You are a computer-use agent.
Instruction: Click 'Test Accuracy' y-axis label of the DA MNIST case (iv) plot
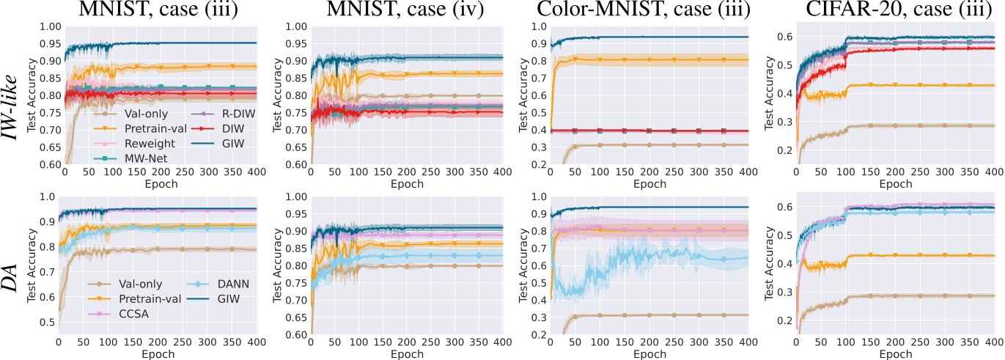point(279,268)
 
